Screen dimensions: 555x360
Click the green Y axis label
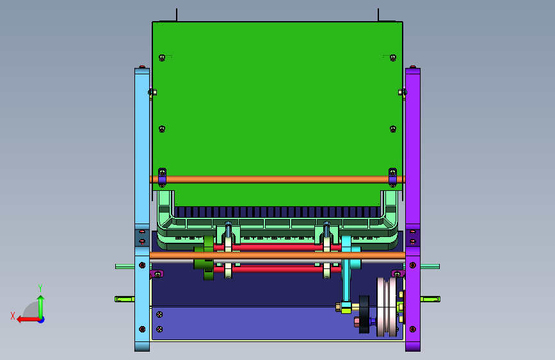(40, 288)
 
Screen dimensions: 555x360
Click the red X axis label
(13, 316)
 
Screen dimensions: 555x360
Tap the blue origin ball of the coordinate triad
(42, 320)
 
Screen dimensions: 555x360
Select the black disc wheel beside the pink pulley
(364, 315)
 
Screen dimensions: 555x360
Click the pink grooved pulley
(387, 307)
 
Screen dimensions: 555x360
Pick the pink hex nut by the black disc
(357, 322)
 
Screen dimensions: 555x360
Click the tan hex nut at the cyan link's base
(339, 307)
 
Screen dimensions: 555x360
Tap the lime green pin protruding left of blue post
(124, 299)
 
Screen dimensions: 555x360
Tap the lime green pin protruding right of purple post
(430, 299)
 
